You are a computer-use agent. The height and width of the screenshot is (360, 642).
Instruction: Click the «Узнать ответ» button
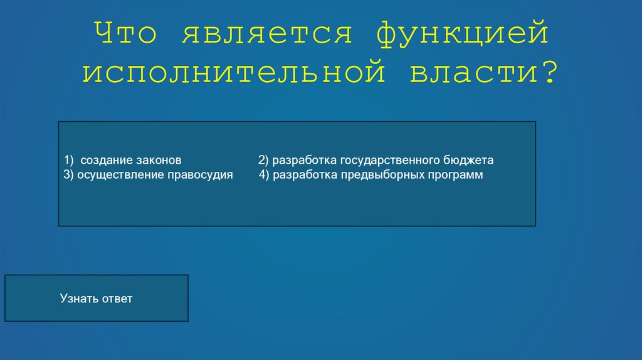(96, 298)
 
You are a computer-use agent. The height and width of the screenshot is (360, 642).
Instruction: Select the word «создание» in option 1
(102, 160)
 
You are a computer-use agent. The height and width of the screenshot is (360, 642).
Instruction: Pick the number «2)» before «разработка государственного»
(263, 160)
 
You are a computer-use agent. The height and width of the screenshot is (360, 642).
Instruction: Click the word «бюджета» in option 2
(467, 161)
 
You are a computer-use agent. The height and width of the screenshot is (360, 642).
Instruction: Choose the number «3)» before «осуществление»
(68, 174)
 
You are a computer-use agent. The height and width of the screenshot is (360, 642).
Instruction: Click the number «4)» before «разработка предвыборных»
(263, 174)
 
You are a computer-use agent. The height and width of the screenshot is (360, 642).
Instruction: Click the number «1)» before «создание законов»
(68, 160)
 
